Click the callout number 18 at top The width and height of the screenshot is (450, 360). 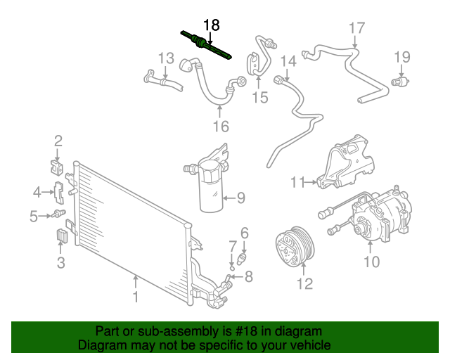212,25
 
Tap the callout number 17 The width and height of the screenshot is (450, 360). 356,29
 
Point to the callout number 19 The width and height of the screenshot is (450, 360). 401,57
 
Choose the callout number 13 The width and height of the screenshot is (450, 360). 165,58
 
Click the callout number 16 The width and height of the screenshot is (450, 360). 221,127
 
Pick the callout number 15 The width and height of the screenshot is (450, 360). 260,97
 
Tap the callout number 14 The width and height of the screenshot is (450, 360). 288,60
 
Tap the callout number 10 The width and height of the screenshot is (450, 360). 371,262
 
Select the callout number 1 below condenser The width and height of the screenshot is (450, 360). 136,297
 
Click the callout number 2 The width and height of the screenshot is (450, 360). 58,141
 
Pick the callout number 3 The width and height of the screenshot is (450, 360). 60,263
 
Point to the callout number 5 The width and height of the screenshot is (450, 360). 33,217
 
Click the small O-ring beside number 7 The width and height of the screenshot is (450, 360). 231,266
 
